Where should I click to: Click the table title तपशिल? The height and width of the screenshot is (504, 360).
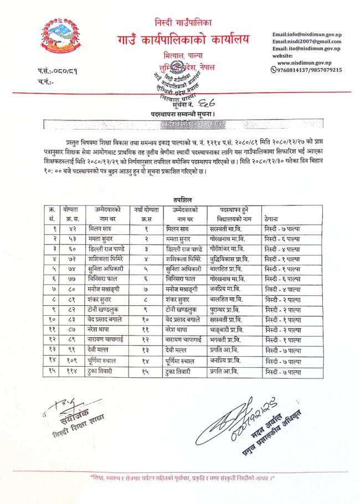(182, 199)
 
